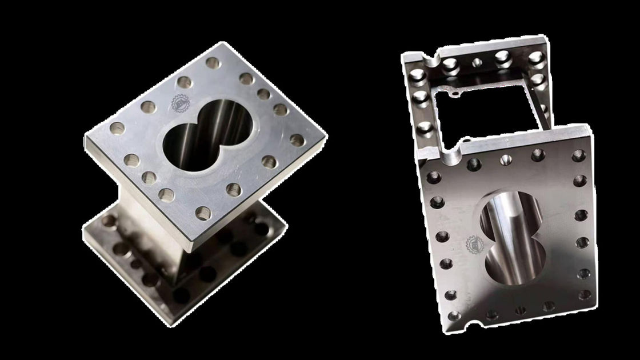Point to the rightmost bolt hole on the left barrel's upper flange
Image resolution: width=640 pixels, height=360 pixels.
coord(296,139)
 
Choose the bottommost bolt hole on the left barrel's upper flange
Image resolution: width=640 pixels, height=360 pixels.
coord(203,214)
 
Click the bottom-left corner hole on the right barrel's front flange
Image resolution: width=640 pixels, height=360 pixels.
coord(453,316)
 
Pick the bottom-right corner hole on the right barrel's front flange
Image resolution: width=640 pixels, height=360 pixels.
coord(585,295)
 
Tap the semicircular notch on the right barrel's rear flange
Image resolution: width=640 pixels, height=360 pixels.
coord(426,58)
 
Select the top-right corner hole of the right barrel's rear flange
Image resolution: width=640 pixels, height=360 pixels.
coord(535,57)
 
